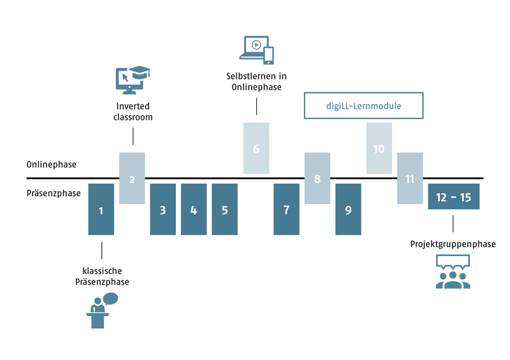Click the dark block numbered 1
(x=101, y=209)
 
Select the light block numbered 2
(x=132, y=178)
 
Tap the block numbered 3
(x=163, y=209)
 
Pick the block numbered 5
(x=224, y=209)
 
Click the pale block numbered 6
(x=256, y=148)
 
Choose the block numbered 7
(x=286, y=209)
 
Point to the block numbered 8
(x=317, y=178)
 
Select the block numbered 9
(x=348, y=209)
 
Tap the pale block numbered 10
(x=379, y=148)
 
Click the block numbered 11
(x=410, y=178)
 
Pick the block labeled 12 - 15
(x=453, y=197)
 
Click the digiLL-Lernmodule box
(x=364, y=106)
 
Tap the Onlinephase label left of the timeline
(x=52, y=164)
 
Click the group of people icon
(x=453, y=272)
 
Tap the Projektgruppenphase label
(x=453, y=244)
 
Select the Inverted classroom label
(x=133, y=112)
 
